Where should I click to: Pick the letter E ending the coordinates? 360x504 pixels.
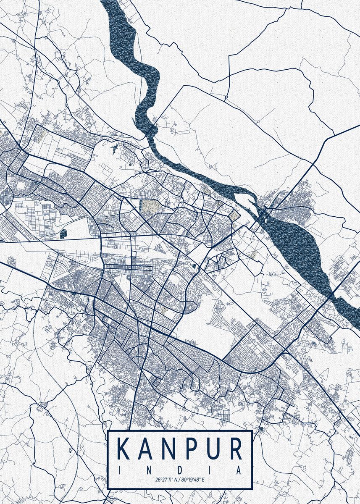[203, 479]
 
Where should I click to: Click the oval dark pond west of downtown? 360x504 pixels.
[63, 234]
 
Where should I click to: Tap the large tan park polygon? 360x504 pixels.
[148, 206]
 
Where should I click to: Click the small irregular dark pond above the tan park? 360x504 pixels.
[114, 148]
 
